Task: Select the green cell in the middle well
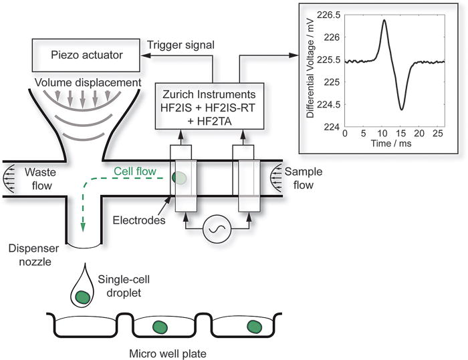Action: pos(160,327)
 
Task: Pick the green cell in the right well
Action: pos(254,326)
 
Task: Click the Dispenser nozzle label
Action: pos(29,256)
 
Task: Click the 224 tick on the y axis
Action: pos(334,126)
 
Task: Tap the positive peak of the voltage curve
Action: pos(384,20)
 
